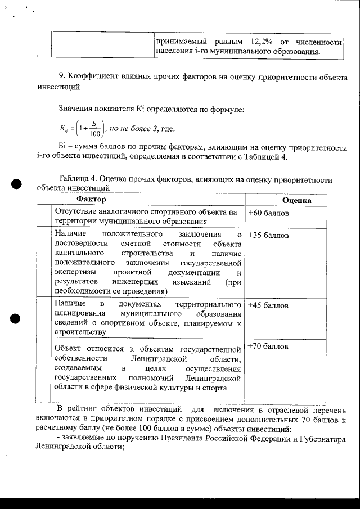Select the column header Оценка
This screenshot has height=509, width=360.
(297, 200)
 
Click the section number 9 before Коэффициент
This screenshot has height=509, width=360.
(60, 77)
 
